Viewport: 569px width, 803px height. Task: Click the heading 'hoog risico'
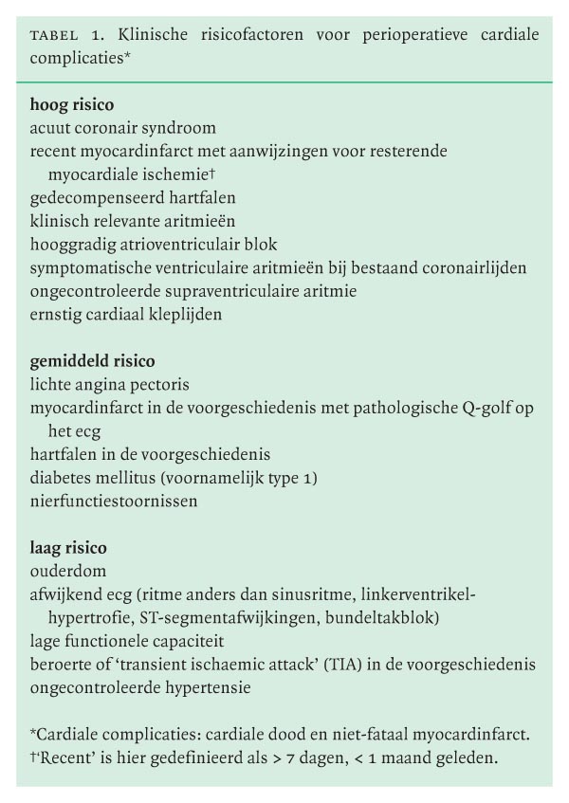(72, 105)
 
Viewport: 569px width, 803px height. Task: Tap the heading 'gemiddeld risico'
(93, 361)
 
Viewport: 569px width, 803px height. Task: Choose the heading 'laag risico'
(68, 548)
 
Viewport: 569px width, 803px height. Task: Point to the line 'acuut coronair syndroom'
(123, 128)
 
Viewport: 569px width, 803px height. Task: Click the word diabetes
(61, 478)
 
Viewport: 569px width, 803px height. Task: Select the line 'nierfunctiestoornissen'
(114, 502)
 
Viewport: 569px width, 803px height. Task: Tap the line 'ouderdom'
(68, 572)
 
